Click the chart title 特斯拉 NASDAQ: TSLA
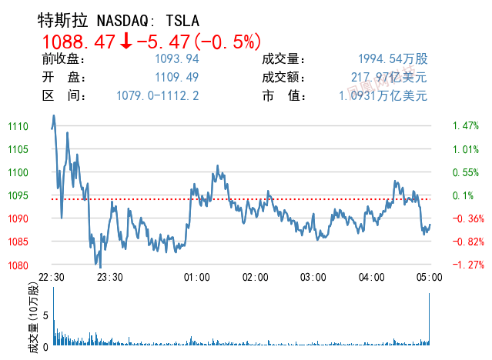123,20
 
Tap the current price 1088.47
78,41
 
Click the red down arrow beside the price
126,41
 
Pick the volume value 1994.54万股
392,59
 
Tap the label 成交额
284,78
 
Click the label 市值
284,96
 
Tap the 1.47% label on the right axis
466,126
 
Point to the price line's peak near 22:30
54,115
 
